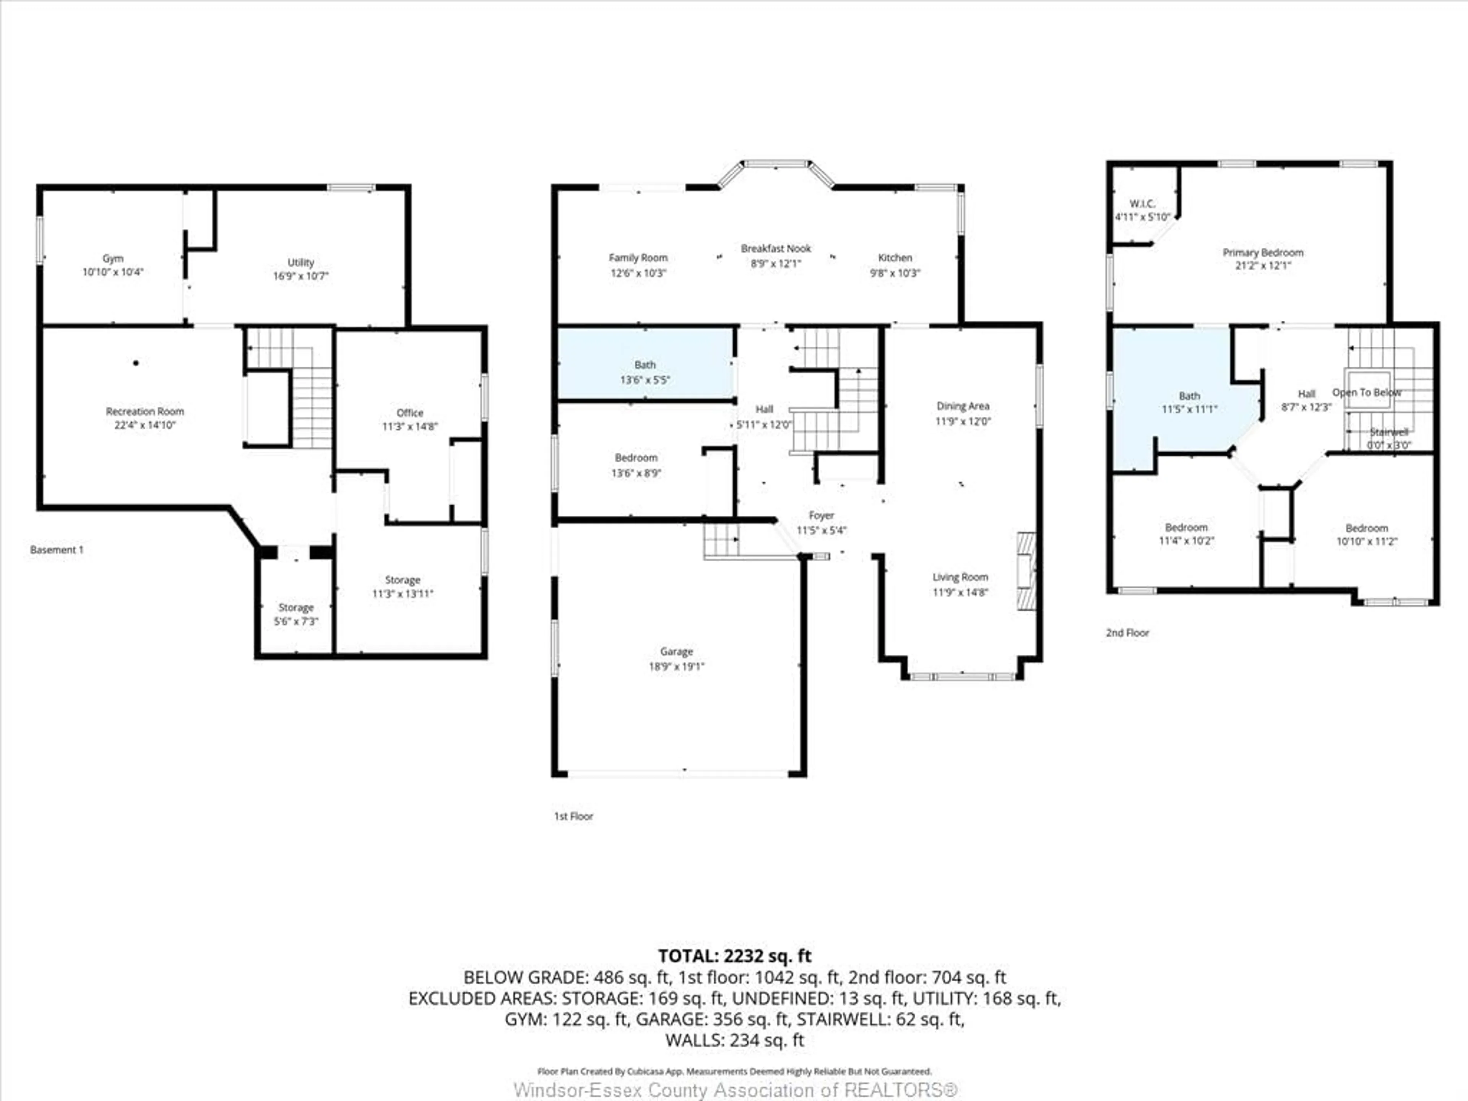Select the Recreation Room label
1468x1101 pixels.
pos(145,411)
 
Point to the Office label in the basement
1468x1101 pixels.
pos(409,413)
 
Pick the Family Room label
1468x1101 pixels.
pos(638,258)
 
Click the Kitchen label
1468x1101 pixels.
pos(895,258)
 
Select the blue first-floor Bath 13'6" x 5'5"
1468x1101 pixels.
pos(645,372)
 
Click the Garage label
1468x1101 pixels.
pos(676,652)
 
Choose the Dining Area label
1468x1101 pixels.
pos(962,406)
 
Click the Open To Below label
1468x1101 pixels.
pos(1366,392)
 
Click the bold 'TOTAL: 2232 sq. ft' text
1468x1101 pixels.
pos(734,956)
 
